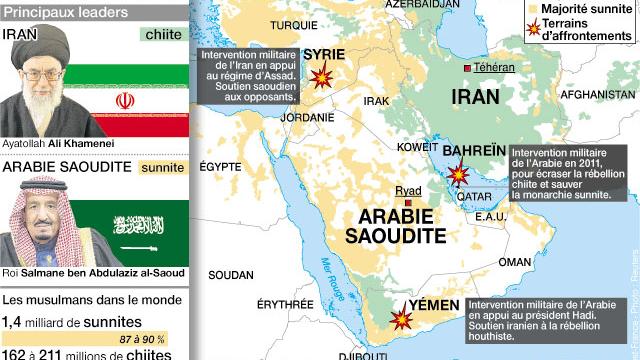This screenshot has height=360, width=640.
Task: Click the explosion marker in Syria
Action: tap(322, 76)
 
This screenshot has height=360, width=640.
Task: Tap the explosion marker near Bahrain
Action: tap(457, 175)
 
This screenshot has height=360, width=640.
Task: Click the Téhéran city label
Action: tap(493, 67)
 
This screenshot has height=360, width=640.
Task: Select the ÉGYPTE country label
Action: tap(220, 167)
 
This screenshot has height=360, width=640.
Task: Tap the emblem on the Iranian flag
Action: tap(125, 101)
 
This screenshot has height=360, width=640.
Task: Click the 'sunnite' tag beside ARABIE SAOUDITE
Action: tap(162, 167)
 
